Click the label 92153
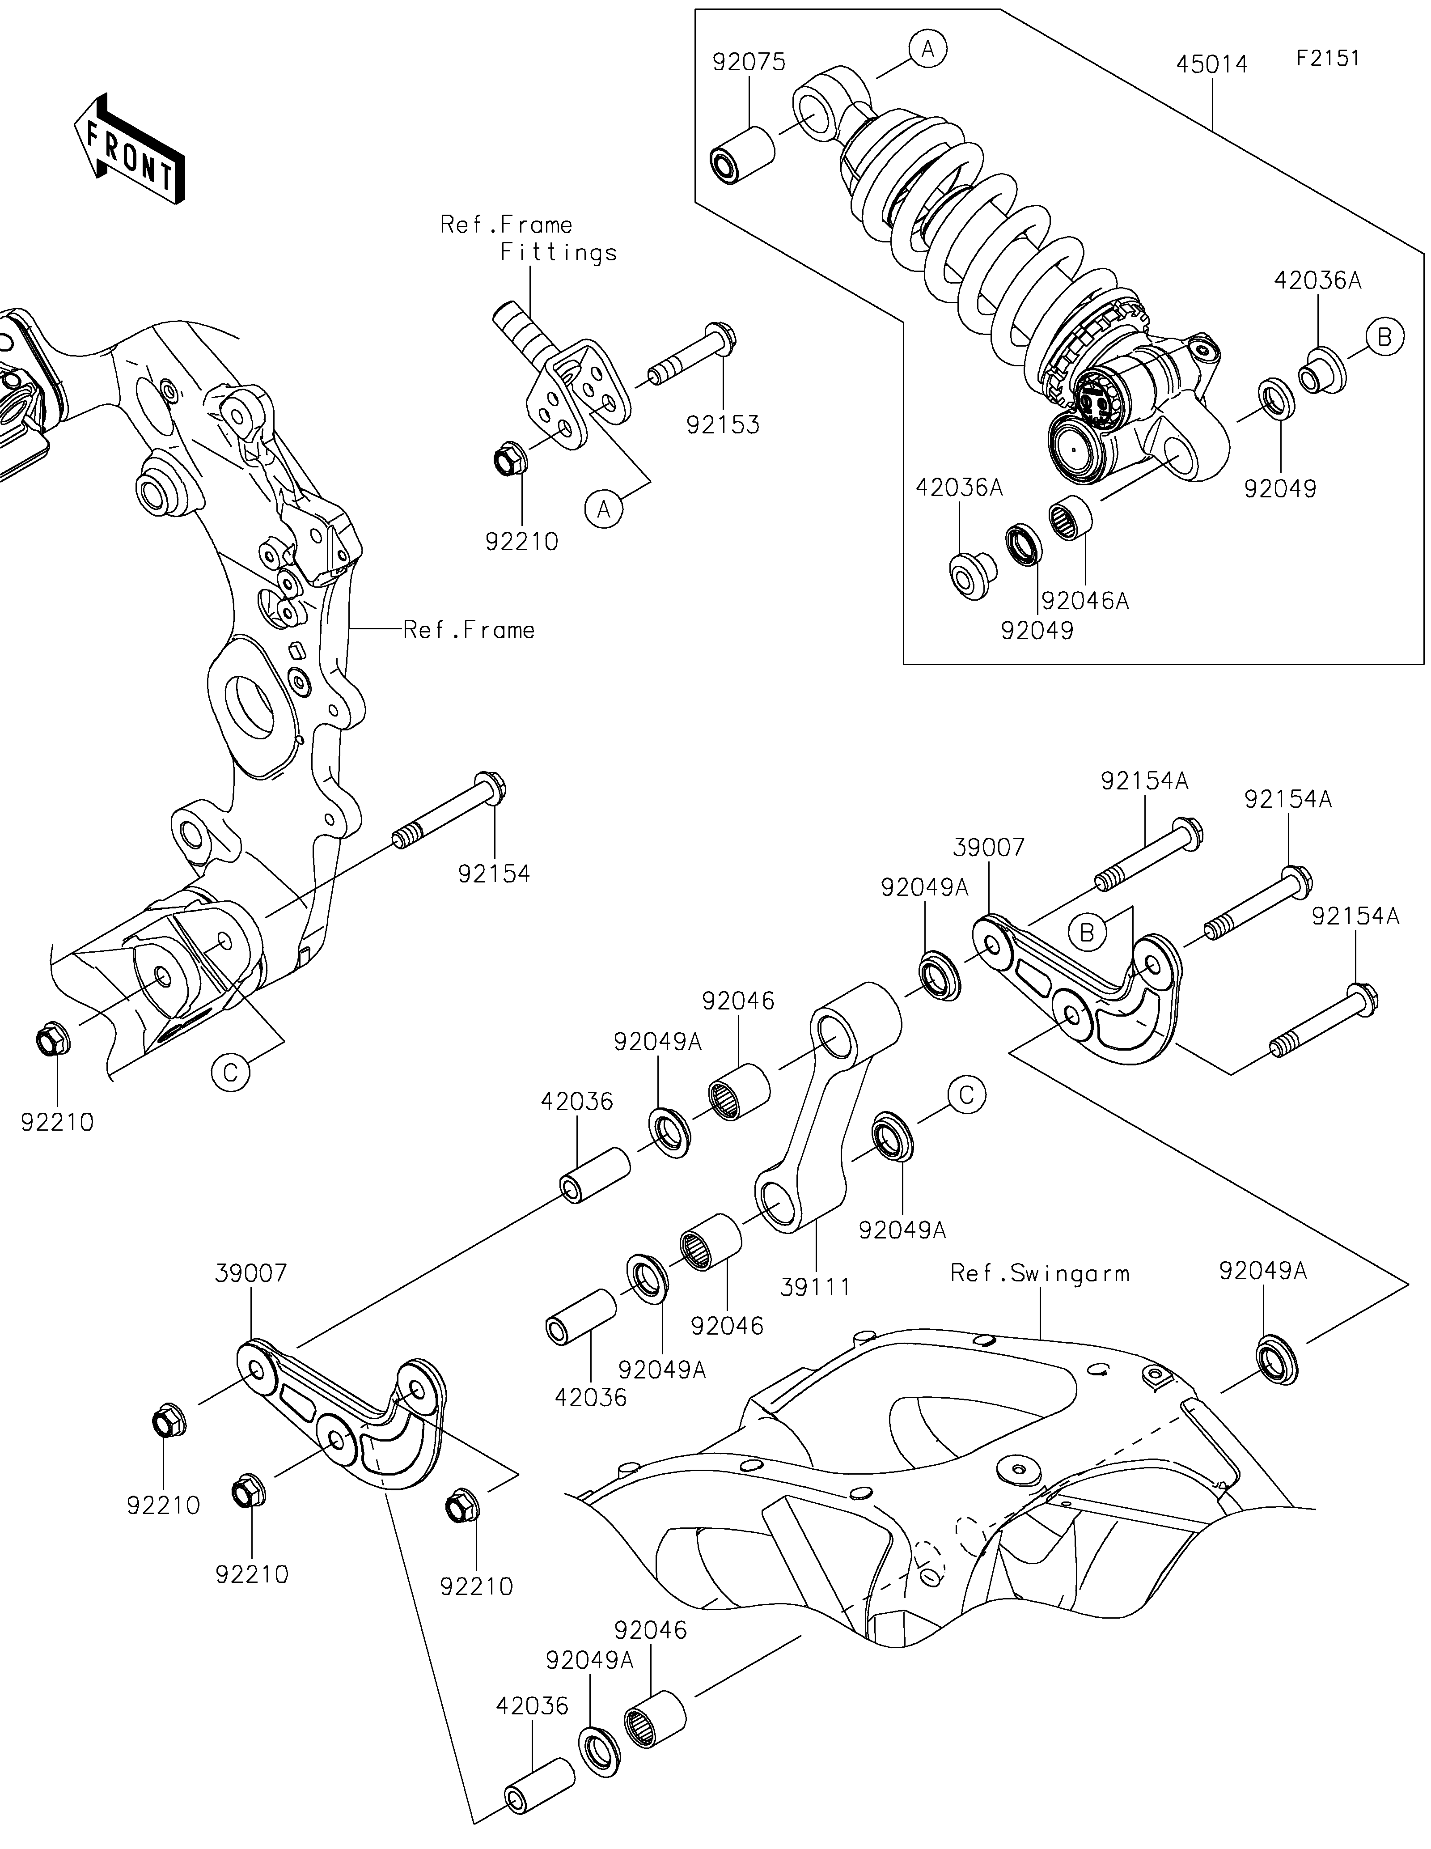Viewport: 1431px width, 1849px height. (x=723, y=425)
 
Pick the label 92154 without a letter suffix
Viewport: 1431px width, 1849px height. (x=494, y=874)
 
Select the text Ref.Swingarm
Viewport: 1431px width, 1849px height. (x=1040, y=1297)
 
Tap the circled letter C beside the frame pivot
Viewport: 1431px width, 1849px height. (x=231, y=1072)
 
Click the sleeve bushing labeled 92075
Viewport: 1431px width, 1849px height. (x=742, y=153)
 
